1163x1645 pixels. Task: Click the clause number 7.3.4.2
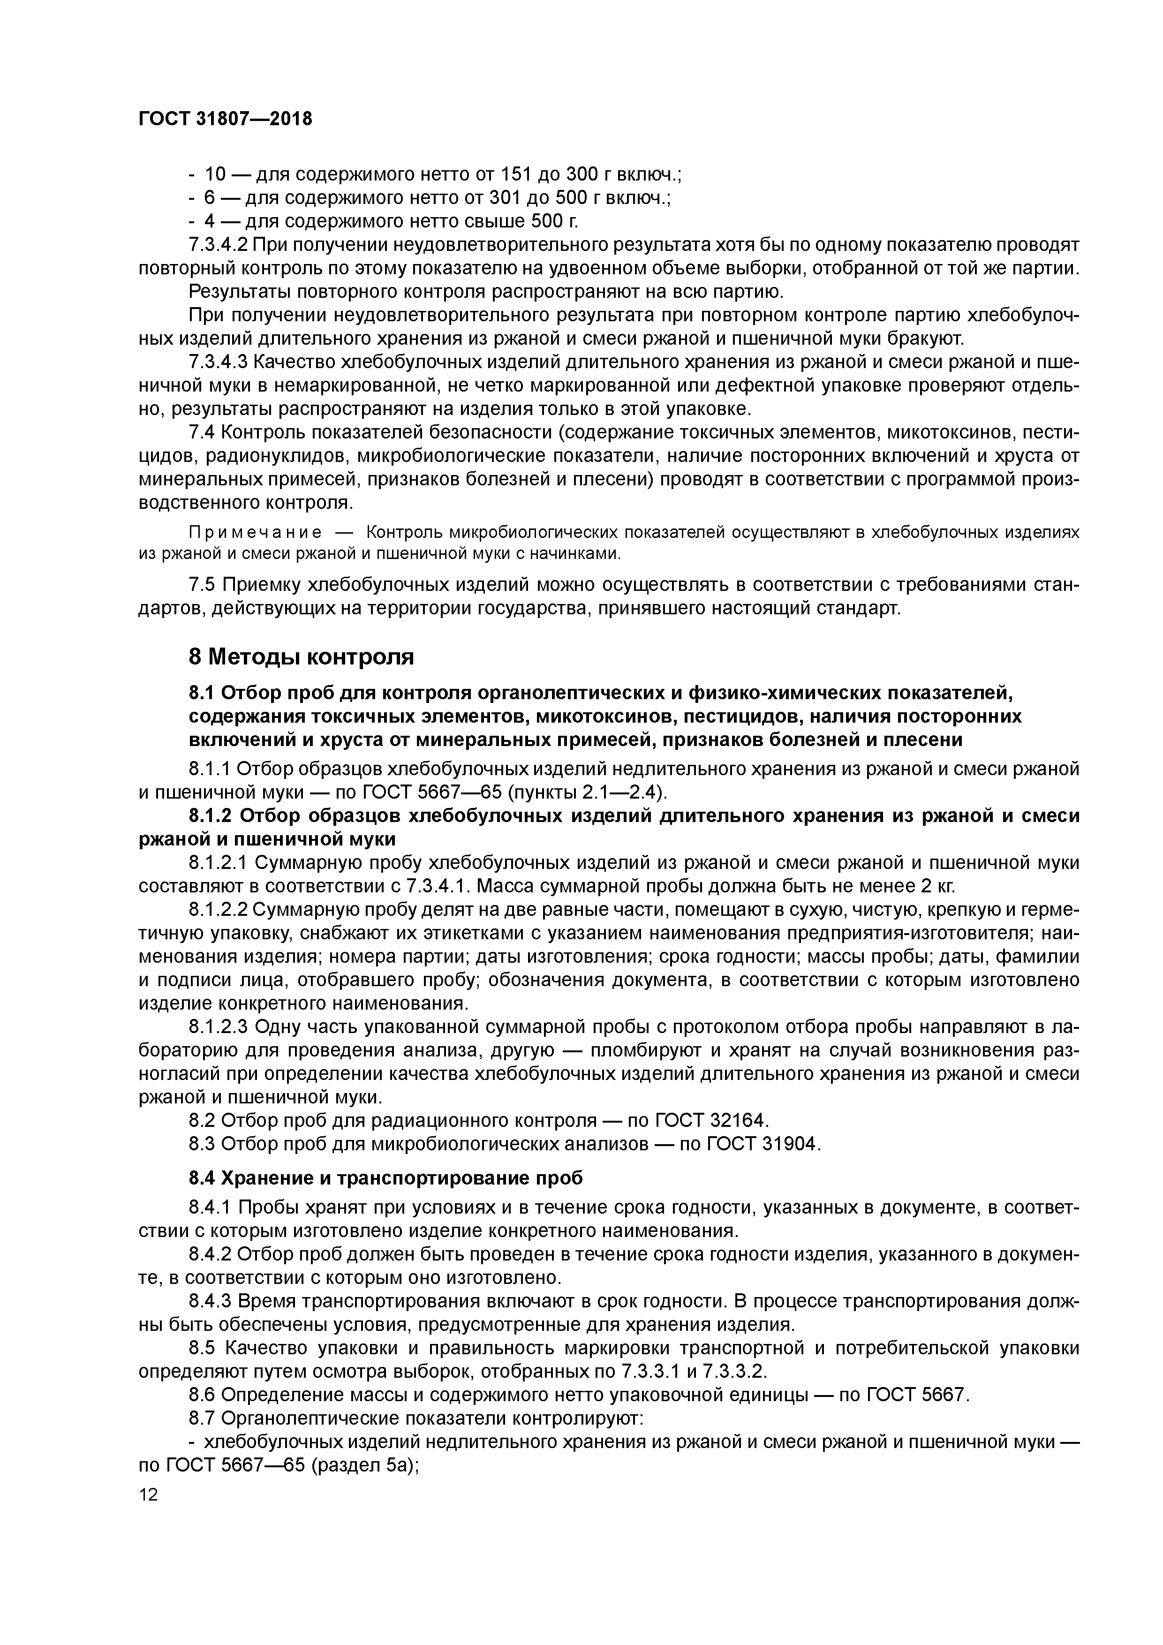(x=218, y=245)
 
